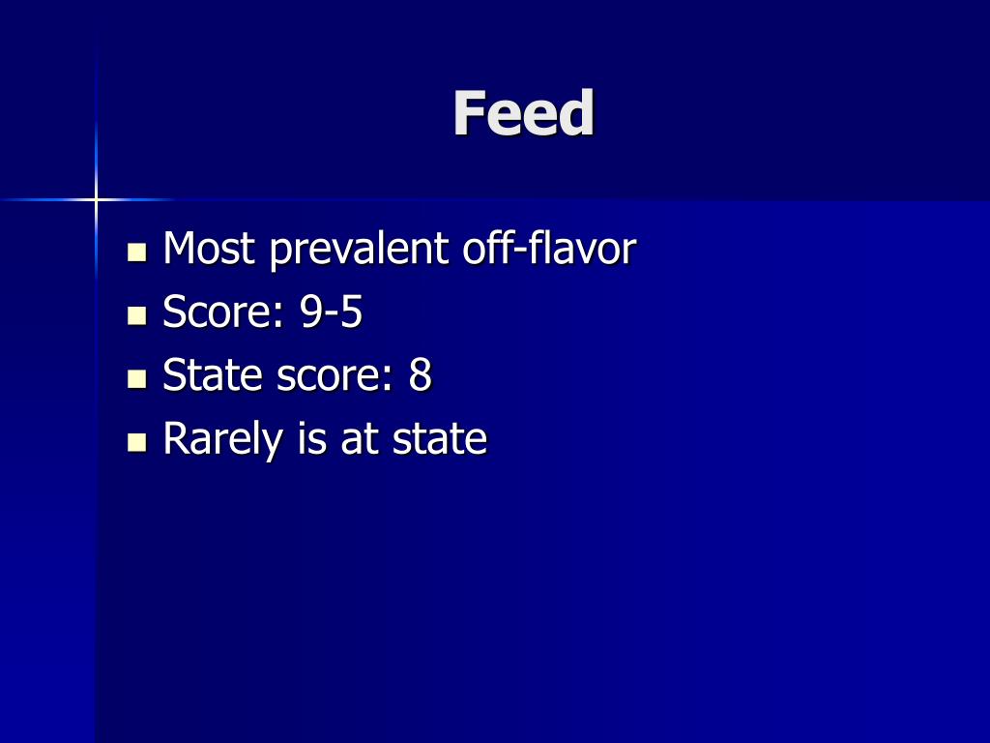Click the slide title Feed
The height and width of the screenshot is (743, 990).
[x=523, y=114]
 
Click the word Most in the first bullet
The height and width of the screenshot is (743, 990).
[x=209, y=250]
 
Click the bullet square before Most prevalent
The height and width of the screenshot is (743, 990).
[x=137, y=253]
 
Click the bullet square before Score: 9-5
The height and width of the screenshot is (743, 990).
[x=137, y=316]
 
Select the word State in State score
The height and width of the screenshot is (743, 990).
[x=214, y=375]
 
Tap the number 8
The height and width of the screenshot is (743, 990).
[x=420, y=375]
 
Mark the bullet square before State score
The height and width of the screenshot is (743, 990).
[x=137, y=379]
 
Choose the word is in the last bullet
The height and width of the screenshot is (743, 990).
[x=312, y=438]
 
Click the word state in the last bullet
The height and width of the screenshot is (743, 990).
[x=440, y=439]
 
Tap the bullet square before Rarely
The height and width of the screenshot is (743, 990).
[x=137, y=443]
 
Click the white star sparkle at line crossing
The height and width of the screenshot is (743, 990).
[x=96, y=199]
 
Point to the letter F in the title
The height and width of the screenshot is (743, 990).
[x=468, y=114]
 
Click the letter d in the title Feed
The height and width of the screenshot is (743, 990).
[x=576, y=114]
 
